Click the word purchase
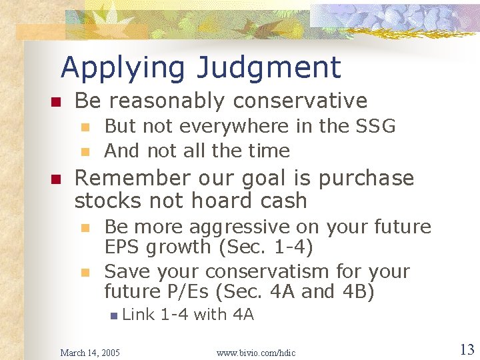[366, 179]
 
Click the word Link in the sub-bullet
[139, 315]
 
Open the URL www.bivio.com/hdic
[256, 352]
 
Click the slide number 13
[466, 349]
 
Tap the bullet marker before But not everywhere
[84, 127]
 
